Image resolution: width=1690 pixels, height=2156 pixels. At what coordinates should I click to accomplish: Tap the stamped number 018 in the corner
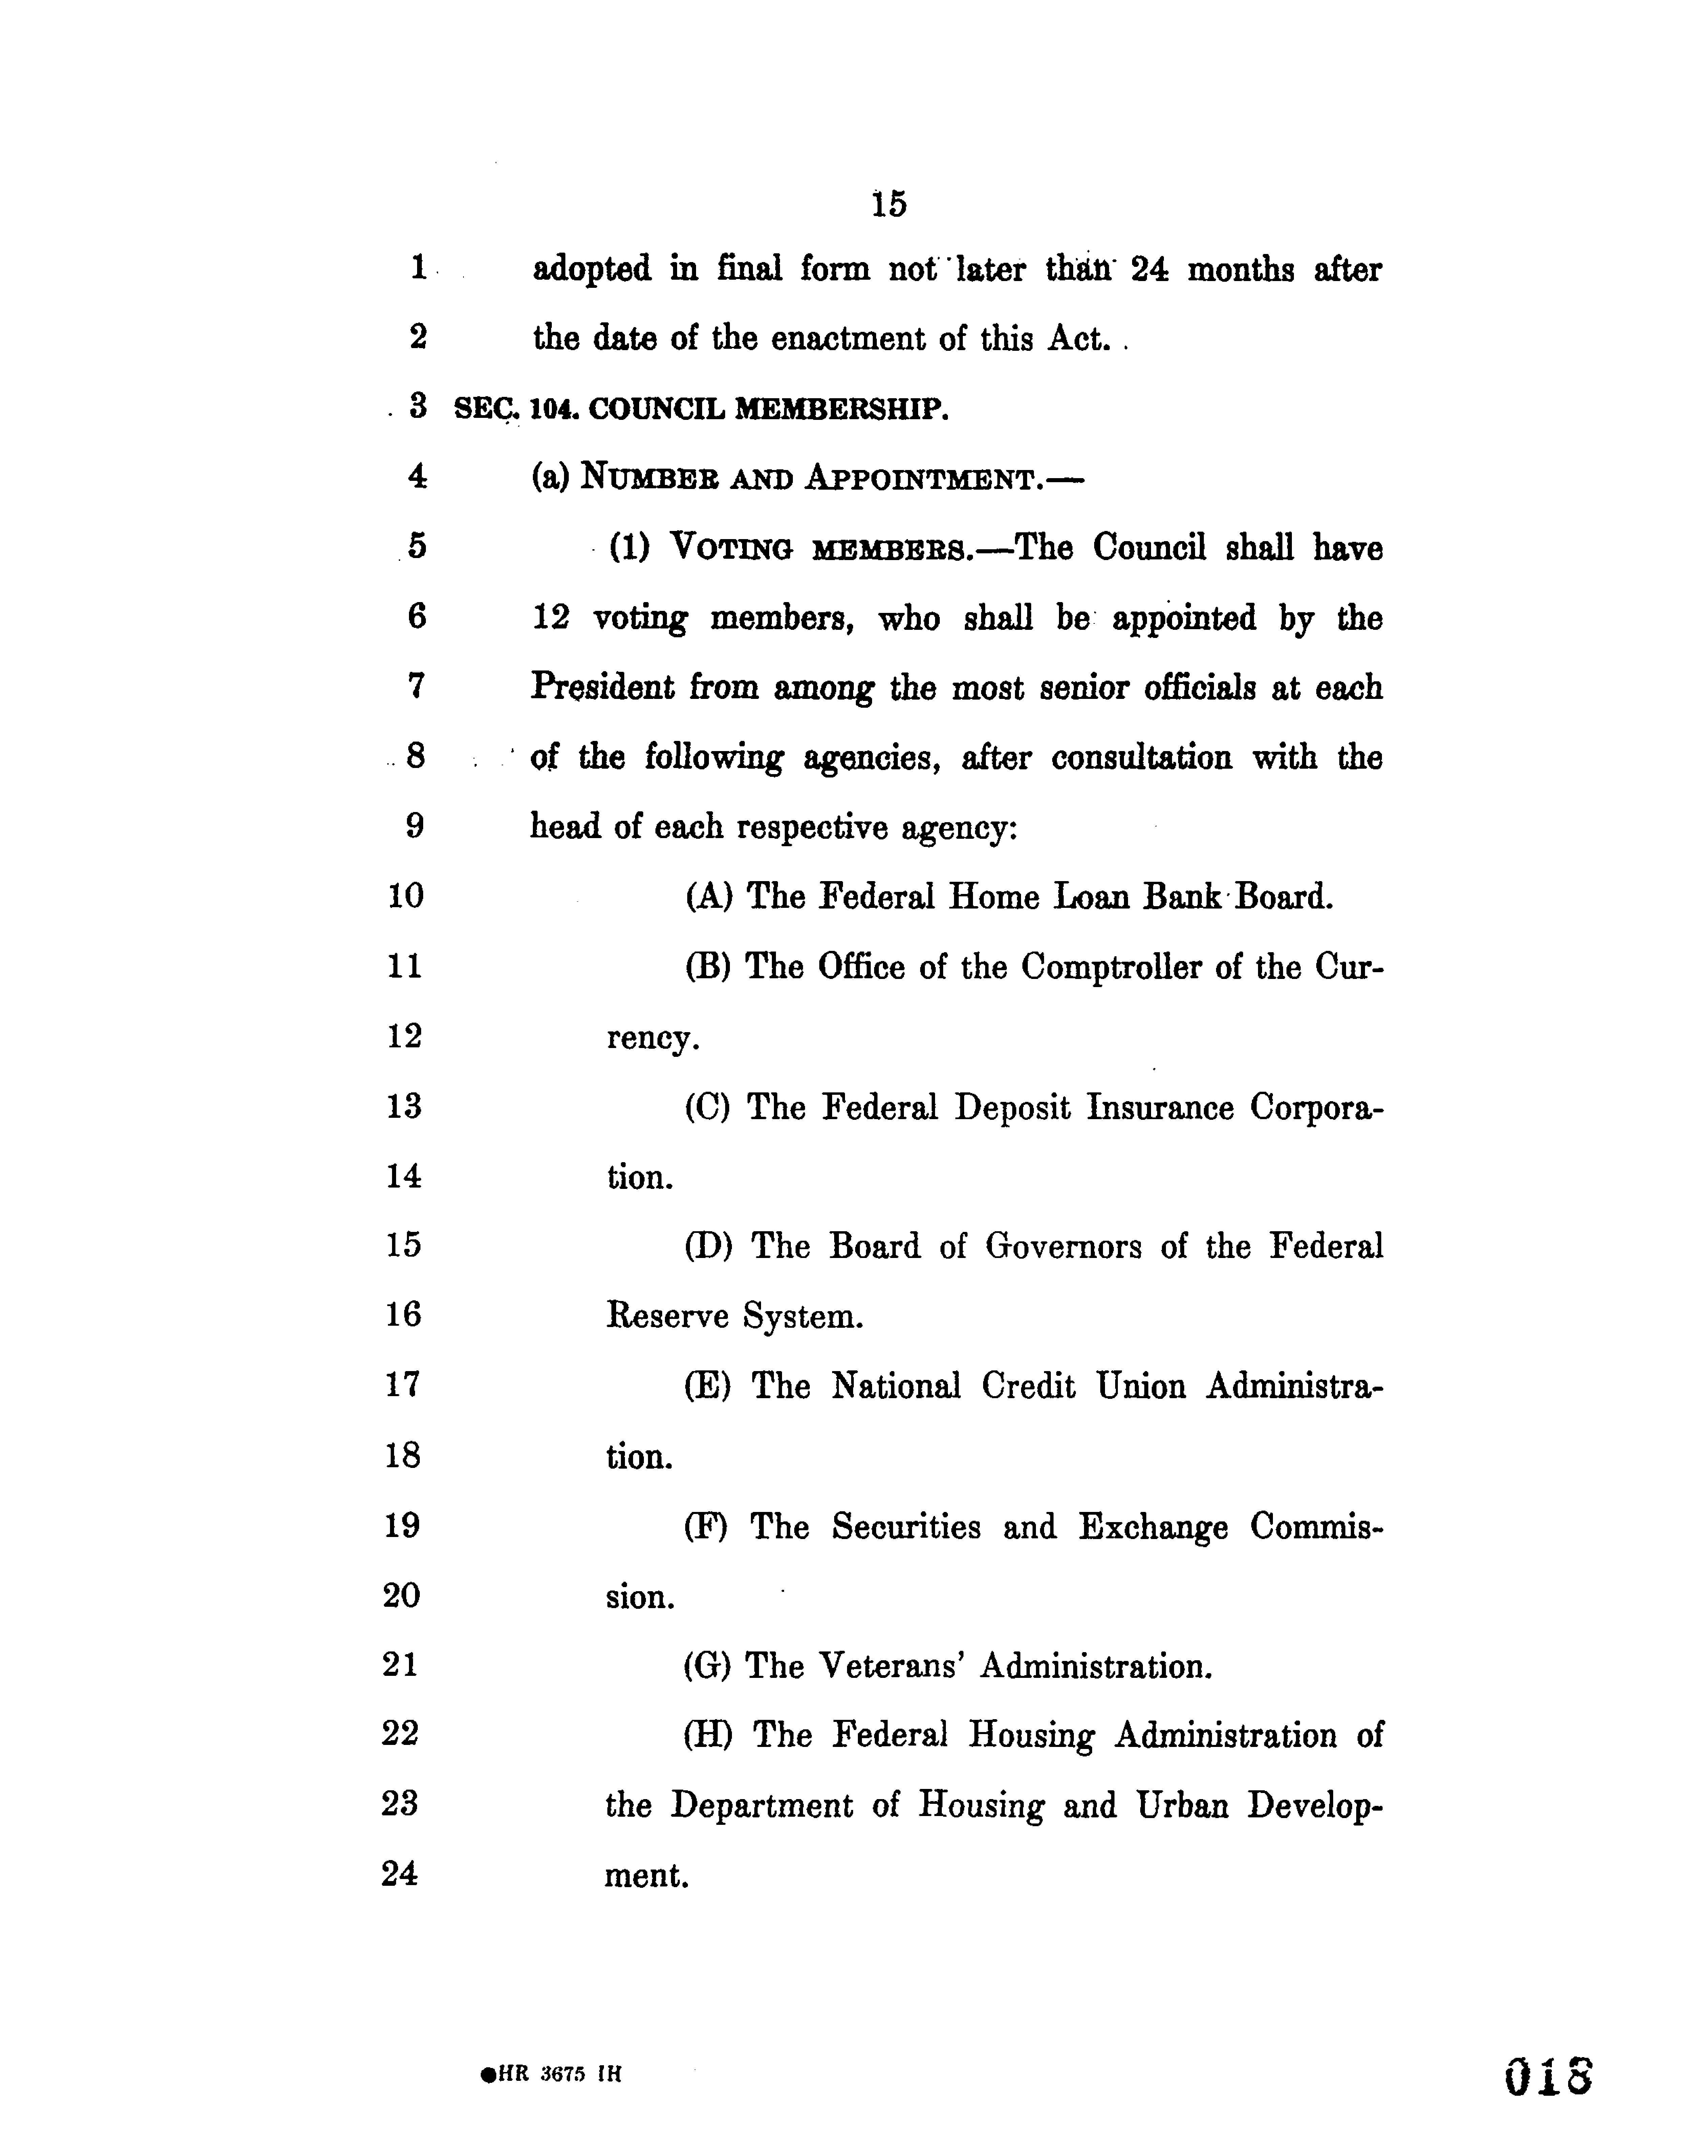click(1548, 2076)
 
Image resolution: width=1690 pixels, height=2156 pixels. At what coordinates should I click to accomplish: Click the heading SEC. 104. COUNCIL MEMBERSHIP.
click(700, 409)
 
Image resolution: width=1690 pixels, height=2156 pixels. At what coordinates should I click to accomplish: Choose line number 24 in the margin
click(400, 1873)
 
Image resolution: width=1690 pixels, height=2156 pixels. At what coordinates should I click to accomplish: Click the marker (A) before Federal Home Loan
click(709, 896)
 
